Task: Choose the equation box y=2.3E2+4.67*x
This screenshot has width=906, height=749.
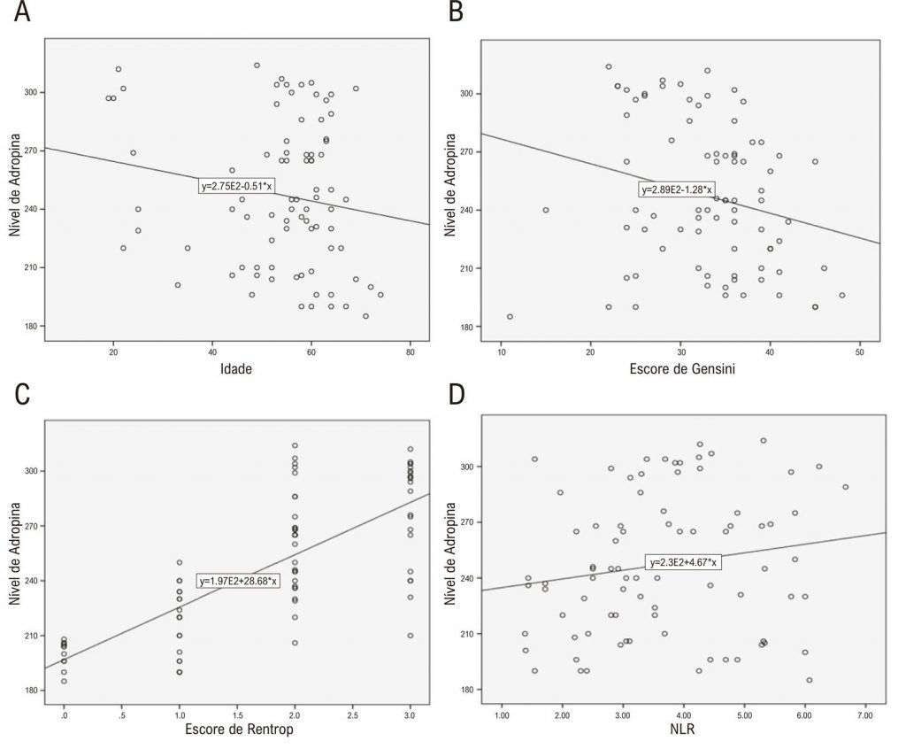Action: coord(684,562)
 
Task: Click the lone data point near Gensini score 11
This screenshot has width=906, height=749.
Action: coord(510,316)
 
